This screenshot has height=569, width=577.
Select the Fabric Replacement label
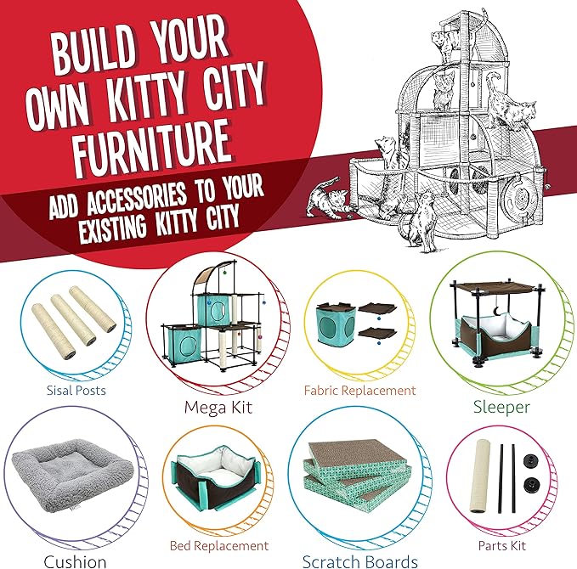click(360, 391)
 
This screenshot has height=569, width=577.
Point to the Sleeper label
click(501, 407)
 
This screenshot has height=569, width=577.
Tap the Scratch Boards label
click(360, 561)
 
